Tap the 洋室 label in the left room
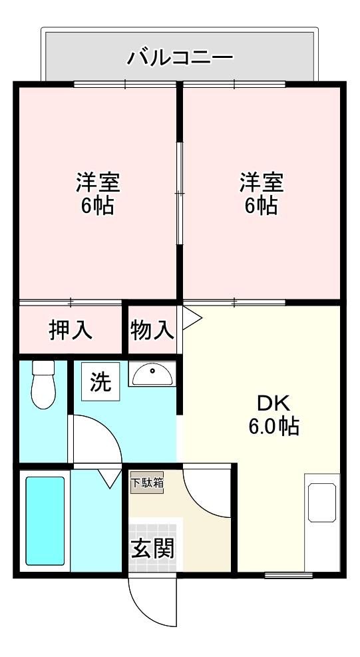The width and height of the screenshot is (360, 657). [x=98, y=182]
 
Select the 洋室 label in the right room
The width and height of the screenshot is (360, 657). [x=262, y=182]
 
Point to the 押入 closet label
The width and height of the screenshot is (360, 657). [x=70, y=330]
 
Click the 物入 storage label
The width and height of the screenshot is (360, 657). [x=152, y=330]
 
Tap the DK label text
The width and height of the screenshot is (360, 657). [x=273, y=404]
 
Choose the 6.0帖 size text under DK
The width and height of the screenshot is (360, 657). [x=273, y=427]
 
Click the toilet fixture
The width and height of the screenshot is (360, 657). [x=43, y=384]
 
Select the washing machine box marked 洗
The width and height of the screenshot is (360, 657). [x=100, y=381]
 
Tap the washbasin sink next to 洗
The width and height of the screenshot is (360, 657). [x=152, y=374]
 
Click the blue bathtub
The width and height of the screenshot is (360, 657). [x=45, y=521]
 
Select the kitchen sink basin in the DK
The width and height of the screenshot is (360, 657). [x=322, y=503]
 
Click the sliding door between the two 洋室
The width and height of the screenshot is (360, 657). [x=180, y=193]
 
